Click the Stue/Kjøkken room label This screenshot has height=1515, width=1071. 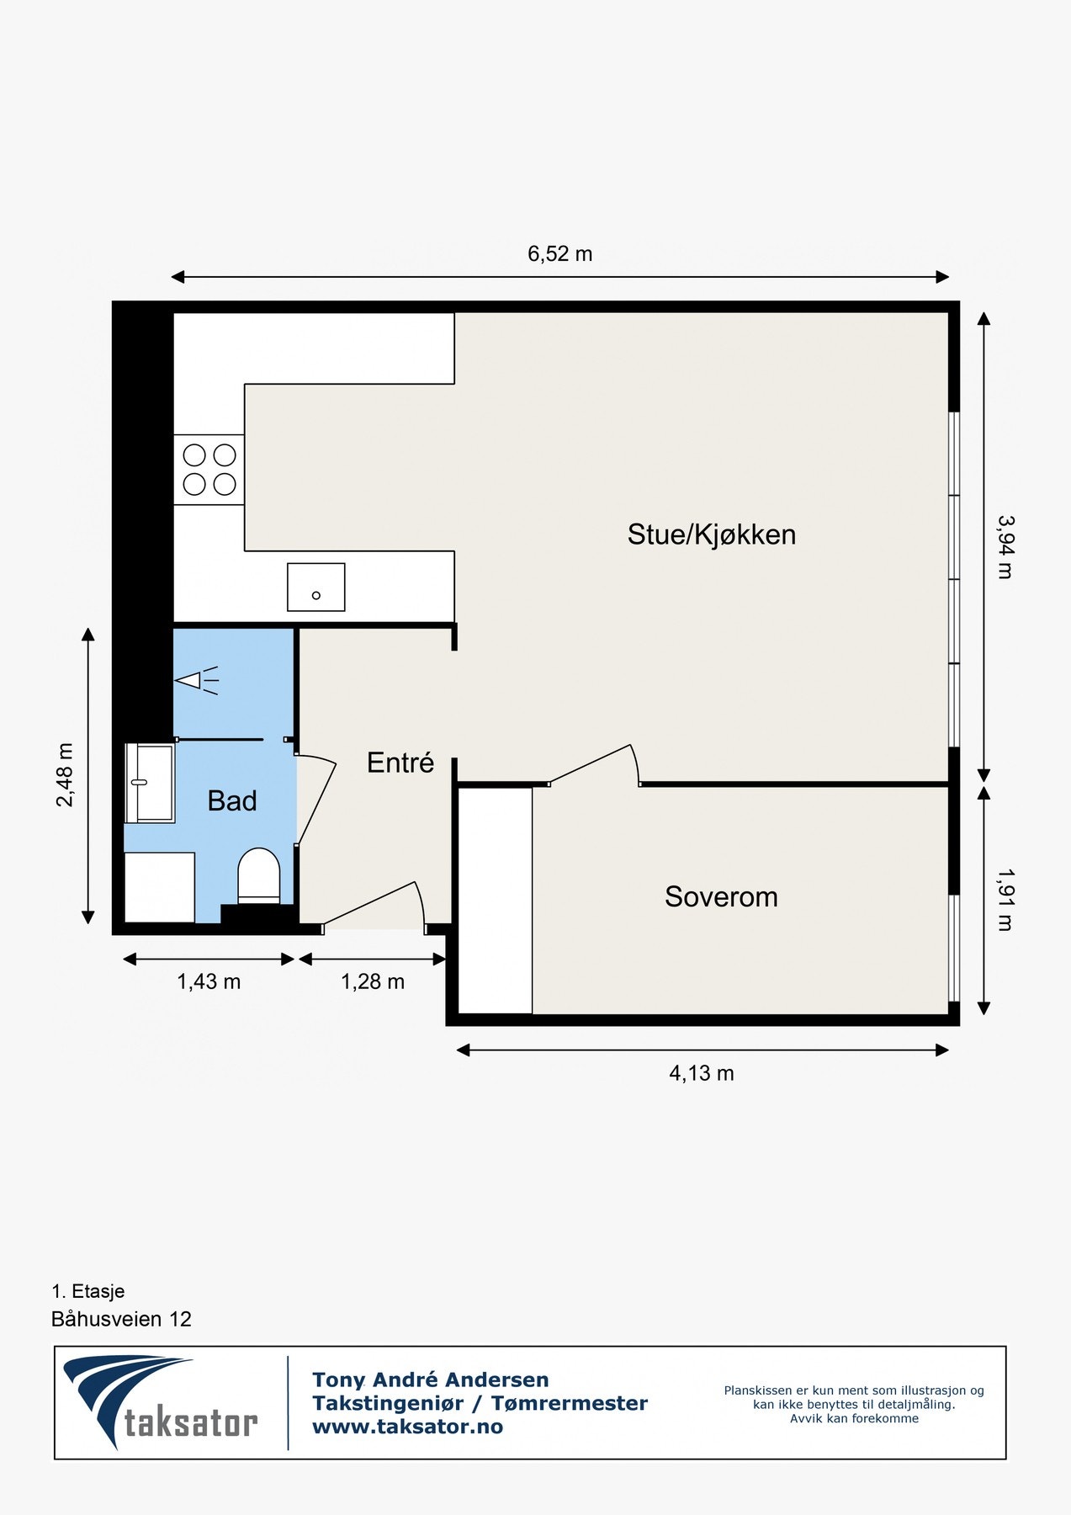[x=711, y=534]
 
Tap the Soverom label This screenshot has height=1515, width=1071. [x=721, y=897]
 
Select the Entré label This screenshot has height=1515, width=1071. [x=400, y=763]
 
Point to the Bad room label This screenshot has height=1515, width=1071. [x=232, y=800]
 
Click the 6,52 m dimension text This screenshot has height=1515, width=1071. [x=559, y=253]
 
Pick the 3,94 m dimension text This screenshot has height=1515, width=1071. [x=1005, y=547]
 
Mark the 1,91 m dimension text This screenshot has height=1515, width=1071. [x=1005, y=900]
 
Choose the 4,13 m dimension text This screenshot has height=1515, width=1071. [x=701, y=1073]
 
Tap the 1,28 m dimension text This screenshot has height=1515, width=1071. [x=372, y=981]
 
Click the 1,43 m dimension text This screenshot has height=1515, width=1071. [x=209, y=981]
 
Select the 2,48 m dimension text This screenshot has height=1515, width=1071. [x=65, y=774]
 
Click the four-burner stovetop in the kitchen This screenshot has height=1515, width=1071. [x=209, y=470]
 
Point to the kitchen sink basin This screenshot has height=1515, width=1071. [x=315, y=587]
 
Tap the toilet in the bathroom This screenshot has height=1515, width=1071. [x=258, y=875]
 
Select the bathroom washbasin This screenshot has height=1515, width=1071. [x=150, y=783]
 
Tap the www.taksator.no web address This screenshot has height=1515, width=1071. [x=407, y=1427]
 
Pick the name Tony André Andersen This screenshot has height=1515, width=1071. [x=430, y=1379]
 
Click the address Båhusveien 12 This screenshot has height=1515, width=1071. [x=121, y=1319]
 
